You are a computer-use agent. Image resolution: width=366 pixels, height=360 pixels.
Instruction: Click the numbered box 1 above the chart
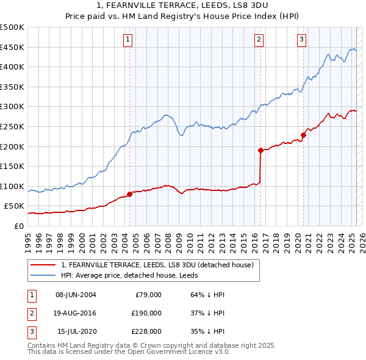coord(128,40)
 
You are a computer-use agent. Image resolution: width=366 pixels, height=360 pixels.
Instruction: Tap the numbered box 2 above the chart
coord(259,40)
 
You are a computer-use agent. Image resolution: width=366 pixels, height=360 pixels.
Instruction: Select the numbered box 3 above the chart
coord(301,40)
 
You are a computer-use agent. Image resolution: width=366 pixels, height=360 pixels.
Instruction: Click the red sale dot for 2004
coord(129,195)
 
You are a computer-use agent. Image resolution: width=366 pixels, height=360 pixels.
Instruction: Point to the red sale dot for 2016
coord(260,150)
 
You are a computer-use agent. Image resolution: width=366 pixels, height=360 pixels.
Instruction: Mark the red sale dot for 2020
coord(303,135)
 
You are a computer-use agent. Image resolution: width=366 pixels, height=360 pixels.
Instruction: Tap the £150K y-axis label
coord(12,166)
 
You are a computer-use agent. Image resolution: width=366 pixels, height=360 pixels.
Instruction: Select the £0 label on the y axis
coord(19,226)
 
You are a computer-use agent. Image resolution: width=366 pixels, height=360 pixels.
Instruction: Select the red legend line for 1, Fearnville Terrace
coord(43,265)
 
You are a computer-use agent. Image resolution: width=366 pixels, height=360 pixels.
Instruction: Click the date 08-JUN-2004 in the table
coord(76,294)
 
